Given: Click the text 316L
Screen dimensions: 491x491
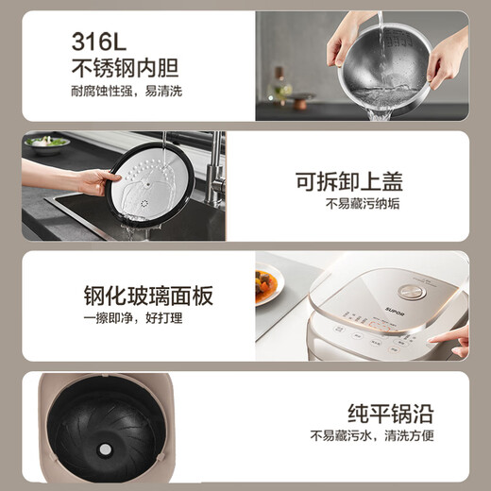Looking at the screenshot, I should (105, 40).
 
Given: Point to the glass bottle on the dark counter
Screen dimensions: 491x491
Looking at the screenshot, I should (280, 91).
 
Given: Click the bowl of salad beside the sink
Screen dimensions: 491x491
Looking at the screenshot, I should (47, 143).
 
